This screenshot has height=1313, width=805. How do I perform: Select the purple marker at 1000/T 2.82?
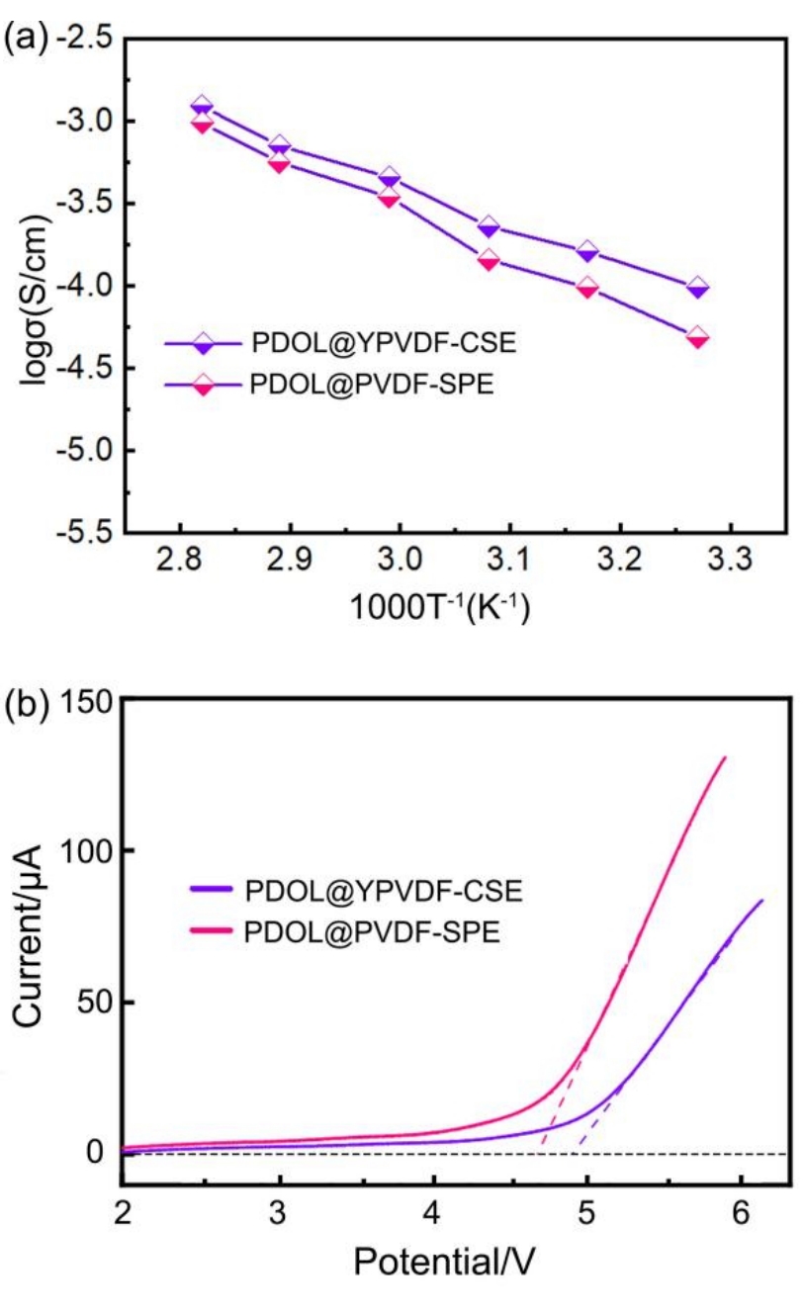[202, 106]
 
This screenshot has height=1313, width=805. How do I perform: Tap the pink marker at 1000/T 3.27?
[698, 337]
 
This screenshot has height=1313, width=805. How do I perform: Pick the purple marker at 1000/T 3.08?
[489, 227]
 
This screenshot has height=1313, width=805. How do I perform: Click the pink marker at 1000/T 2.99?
[389, 197]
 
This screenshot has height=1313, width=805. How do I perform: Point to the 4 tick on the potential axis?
[433, 1210]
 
